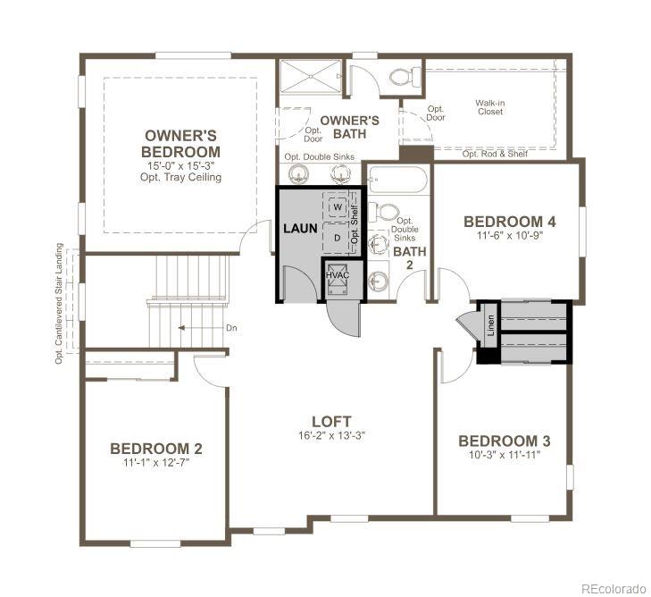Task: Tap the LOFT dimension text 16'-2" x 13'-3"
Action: [x=330, y=435]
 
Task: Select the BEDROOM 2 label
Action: [x=149, y=449]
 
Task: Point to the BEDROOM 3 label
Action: [x=504, y=441]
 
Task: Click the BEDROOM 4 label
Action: [x=510, y=222]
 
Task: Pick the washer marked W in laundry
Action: [x=338, y=207]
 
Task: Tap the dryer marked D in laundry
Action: [x=338, y=239]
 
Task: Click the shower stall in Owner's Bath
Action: [x=310, y=77]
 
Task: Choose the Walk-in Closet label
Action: [x=489, y=108]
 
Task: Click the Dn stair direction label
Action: [x=231, y=328]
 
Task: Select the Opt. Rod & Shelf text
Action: [x=495, y=154]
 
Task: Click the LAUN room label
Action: [x=300, y=228]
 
